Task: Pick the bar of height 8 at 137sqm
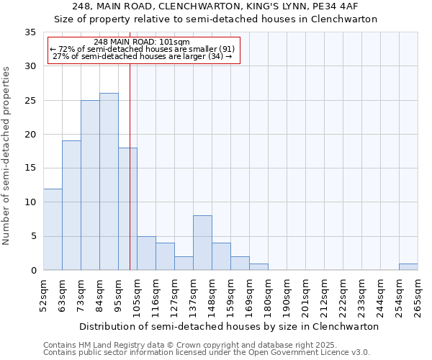point(202,243)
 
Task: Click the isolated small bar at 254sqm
point(408,266)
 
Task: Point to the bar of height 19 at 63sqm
point(71,205)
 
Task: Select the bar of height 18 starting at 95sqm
point(127,209)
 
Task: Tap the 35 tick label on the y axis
point(30,32)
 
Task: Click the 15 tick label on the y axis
point(30,168)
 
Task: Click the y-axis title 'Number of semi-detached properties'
point(7,156)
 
